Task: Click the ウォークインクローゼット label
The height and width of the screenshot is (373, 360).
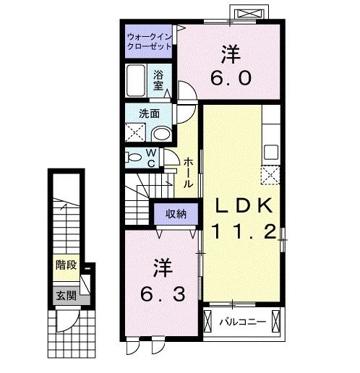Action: pyautogui.click(x=147, y=40)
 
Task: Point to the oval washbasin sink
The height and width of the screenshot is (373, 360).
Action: pyautogui.click(x=162, y=134)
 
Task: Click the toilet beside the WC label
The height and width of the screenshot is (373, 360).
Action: pyautogui.click(x=133, y=157)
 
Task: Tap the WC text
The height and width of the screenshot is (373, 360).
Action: pyautogui.click(x=152, y=158)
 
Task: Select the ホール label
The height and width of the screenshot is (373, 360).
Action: pyautogui.click(x=188, y=173)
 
